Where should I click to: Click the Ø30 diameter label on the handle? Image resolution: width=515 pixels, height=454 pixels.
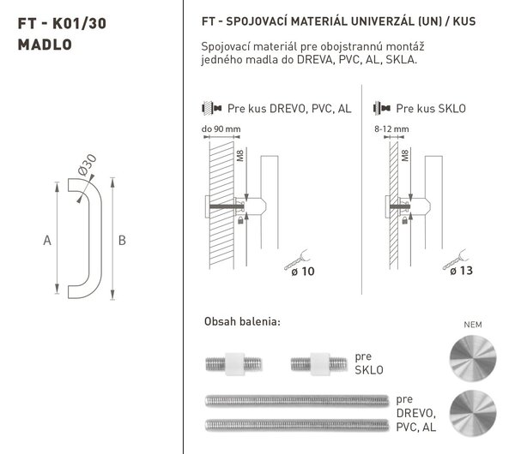88,164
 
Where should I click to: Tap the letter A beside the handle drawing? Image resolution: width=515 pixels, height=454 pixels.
47,240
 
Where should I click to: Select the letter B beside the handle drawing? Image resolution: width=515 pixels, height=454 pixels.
122,240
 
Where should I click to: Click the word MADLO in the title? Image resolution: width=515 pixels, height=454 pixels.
45,45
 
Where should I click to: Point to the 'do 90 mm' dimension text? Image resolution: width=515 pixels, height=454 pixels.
221,128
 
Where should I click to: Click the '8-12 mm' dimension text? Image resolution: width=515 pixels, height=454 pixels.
391,128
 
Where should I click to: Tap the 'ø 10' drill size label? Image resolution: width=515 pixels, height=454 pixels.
303,272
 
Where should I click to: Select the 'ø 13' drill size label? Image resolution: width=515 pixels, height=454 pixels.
461,271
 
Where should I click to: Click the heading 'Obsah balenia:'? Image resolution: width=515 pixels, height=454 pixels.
242,321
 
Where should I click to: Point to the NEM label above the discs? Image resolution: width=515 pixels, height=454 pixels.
473,325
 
